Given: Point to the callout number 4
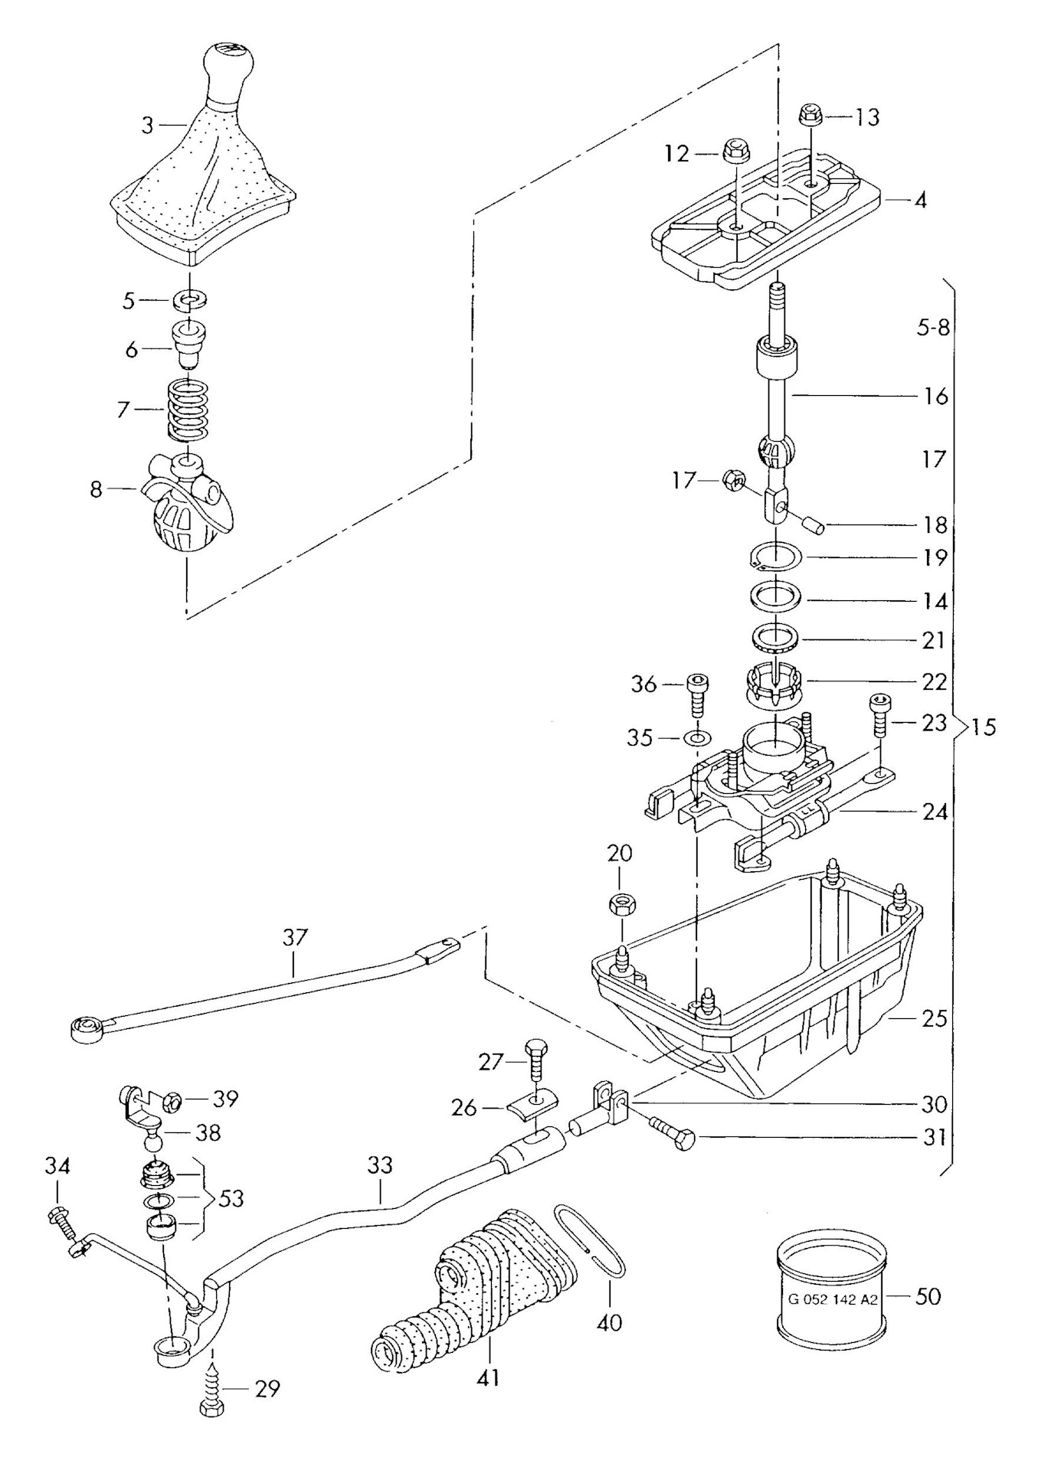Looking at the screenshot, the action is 920,201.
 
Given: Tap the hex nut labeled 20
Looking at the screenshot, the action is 620,905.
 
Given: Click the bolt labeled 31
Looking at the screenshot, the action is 673,1136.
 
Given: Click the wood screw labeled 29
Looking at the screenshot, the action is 212,1387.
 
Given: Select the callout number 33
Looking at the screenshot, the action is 379,1166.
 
